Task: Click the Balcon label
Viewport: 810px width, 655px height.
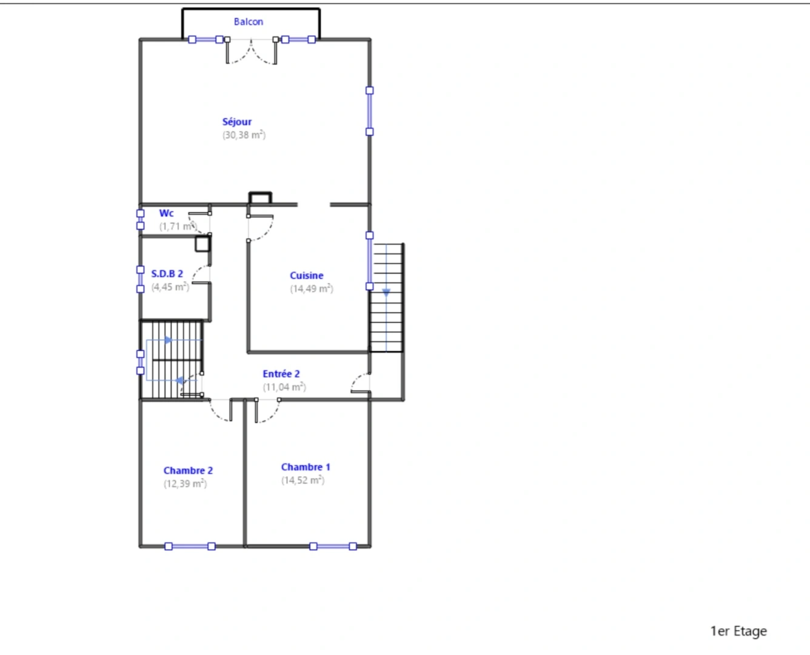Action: (x=249, y=22)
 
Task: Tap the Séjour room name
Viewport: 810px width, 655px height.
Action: (x=236, y=122)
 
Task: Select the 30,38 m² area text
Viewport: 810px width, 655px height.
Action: (x=244, y=135)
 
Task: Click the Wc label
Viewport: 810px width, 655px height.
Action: (x=166, y=213)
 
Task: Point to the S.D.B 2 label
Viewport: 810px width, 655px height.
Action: (x=167, y=274)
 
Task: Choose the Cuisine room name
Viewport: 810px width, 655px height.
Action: (x=306, y=276)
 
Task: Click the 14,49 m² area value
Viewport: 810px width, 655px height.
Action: (x=311, y=289)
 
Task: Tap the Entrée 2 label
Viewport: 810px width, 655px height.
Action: (x=281, y=374)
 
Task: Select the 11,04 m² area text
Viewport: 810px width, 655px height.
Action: (x=284, y=388)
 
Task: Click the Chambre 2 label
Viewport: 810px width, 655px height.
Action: (x=188, y=471)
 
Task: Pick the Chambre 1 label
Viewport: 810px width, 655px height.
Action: (x=306, y=467)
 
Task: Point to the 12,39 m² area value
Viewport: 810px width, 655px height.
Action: (x=185, y=484)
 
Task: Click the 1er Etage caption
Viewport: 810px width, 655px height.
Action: (x=738, y=631)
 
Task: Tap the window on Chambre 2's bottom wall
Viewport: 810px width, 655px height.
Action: (x=190, y=546)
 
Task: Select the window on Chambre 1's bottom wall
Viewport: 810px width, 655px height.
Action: (x=333, y=546)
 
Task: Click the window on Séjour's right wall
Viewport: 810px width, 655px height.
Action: (x=369, y=111)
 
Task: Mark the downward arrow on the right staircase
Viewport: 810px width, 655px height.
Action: (x=386, y=292)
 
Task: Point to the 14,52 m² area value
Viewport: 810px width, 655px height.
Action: (x=303, y=480)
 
